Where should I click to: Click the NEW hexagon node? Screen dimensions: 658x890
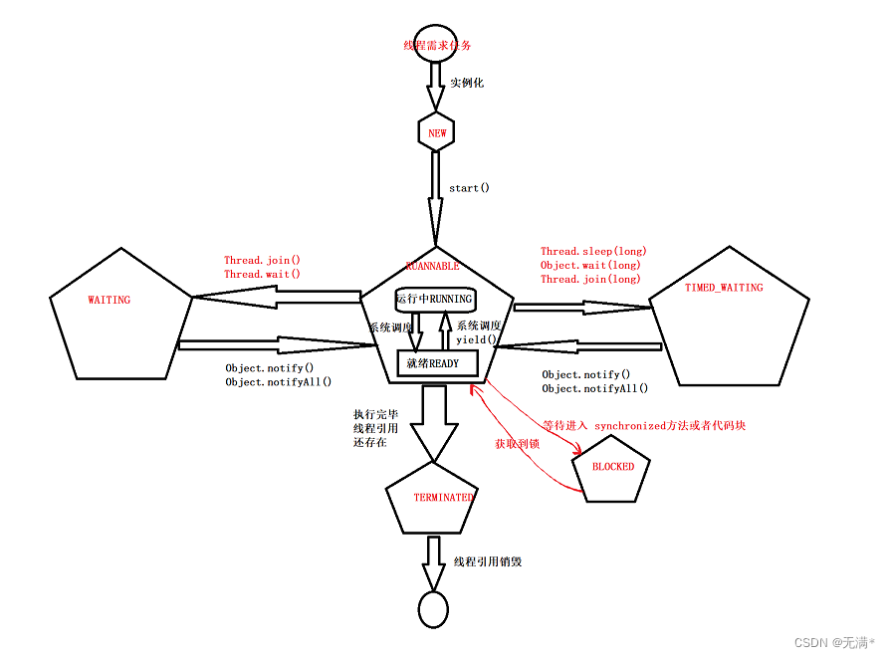pyautogui.click(x=437, y=132)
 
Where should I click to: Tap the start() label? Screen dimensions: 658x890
pyautogui.click(x=469, y=187)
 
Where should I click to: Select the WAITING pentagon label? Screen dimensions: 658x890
pyautogui.click(x=109, y=300)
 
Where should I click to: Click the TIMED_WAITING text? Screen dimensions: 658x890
pyautogui.click(x=724, y=288)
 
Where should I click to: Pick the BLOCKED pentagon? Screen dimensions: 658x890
pyautogui.click(x=612, y=467)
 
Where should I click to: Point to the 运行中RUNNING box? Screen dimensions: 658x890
pyautogui.click(x=434, y=299)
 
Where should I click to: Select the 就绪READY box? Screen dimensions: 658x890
pyautogui.click(x=433, y=363)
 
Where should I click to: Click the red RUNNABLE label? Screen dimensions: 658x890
pyautogui.click(x=433, y=266)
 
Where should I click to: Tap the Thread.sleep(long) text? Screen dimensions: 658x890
pyautogui.click(x=590, y=252)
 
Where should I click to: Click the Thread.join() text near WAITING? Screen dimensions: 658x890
pyautogui.click(x=262, y=261)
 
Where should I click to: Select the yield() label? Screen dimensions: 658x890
pyautogui.click(x=476, y=339)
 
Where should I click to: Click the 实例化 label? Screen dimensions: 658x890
pyautogui.click(x=466, y=83)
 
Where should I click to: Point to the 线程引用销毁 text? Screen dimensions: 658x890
pyautogui.click(x=488, y=561)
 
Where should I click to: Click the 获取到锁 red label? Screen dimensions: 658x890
pyautogui.click(x=517, y=444)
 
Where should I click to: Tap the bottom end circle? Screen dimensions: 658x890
pyautogui.click(x=432, y=608)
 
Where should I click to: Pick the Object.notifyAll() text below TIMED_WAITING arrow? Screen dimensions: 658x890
pyautogui.click(x=594, y=388)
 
